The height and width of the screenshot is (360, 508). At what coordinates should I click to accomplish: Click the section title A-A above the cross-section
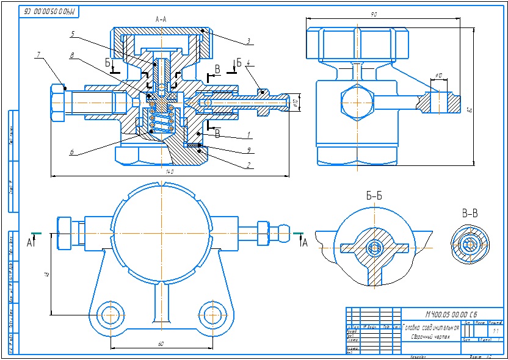point(161,20)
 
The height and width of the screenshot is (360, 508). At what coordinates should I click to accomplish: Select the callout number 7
point(38,56)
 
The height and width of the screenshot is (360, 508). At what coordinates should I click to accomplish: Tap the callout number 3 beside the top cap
point(249,41)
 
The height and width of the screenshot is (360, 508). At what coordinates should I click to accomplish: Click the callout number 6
point(71,152)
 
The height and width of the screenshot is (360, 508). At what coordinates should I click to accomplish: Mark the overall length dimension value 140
point(170,172)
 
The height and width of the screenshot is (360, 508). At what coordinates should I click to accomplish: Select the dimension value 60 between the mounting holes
point(161,344)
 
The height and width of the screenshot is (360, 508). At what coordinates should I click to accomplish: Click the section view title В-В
point(470,214)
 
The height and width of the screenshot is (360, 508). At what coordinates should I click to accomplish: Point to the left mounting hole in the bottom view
point(110,315)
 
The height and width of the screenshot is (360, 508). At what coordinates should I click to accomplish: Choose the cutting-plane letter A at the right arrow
point(303,242)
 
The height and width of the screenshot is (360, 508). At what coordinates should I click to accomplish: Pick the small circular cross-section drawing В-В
point(470,243)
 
